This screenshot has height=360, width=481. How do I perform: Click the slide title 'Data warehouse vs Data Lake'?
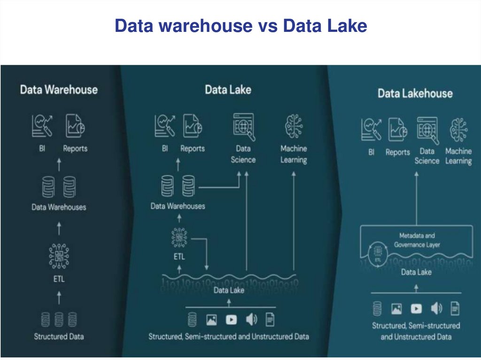point(240,26)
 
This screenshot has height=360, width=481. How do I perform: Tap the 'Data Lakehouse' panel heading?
point(415,93)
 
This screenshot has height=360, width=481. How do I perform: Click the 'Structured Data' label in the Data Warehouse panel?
point(59,336)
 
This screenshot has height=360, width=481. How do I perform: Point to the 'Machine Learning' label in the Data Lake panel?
point(294,154)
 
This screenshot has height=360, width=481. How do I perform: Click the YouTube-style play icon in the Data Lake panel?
point(231,320)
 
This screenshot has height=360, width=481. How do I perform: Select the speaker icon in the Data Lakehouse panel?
point(436,308)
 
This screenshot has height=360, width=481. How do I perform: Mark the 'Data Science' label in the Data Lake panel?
point(243,154)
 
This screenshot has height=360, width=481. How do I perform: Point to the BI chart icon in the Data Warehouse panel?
point(42,126)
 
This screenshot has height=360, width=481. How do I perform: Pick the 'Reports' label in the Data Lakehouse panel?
point(398,153)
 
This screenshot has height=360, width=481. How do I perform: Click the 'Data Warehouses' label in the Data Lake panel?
point(178,206)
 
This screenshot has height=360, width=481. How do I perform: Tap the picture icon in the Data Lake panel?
point(211,320)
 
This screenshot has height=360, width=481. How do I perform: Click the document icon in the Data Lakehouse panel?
point(455,308)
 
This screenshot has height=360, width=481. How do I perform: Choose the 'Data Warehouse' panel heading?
point(59,90)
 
